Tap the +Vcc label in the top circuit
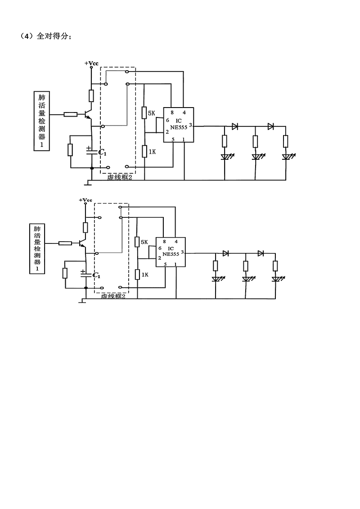pyautogui.click(x=91, y=63)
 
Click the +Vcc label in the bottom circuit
pyautogui.click(x=85, y=199)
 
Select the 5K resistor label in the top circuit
pyautogui.click(x=151, y=113)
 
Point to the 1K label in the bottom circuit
pyautogui.click(x=145, y=274)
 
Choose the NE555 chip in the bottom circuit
pyautogui.click(x=171, y=253)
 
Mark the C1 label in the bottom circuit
pyautogui.click(x=96, y=275)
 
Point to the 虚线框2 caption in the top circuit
pyautogui.click(x=119, y=177)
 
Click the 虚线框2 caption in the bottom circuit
pyautogui.click(x=113, y=297)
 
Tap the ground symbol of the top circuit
pyautogui.click(x=88, y=183)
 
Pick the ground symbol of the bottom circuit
pyautogui.click(x=82, y=301)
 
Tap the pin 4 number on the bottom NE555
pyautogui.click(x=175, y=242)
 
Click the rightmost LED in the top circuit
pyautogui.click(x=286, y=157)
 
